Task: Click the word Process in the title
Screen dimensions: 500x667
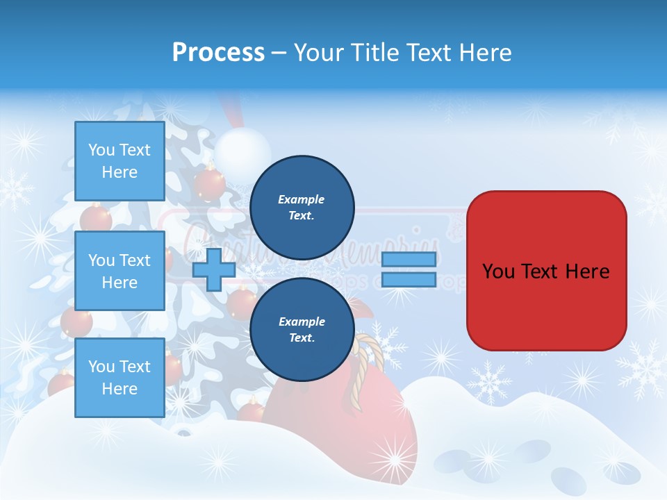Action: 218,53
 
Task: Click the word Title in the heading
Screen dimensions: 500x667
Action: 374,53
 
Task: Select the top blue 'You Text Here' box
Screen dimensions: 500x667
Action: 120,161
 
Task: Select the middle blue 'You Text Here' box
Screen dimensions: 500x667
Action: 120,271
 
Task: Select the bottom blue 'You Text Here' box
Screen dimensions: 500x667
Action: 120,378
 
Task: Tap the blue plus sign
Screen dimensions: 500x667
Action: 214,269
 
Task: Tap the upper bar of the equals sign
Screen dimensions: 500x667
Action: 409,259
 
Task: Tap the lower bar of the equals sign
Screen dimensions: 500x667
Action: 409,280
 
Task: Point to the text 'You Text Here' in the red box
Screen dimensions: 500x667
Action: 546,271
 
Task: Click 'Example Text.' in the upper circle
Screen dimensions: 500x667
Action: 302,207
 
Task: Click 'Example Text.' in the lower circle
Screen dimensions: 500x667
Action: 302,329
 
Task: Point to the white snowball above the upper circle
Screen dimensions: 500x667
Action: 242,149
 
